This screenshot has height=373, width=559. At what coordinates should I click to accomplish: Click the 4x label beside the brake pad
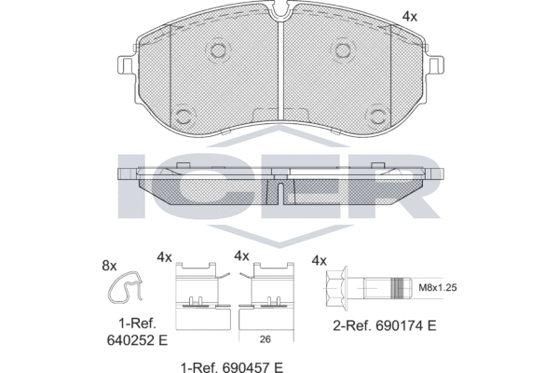click(409, 16)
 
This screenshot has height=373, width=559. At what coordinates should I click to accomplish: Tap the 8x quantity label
click(109, 266)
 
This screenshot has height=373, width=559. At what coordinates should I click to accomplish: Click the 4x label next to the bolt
click(320, 261)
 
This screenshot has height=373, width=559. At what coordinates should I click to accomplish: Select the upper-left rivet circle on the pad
click(218, 50)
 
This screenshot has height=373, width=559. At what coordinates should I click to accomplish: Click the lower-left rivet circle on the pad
click(182, 116)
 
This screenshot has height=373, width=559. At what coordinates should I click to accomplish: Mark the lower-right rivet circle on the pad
click(378, 116)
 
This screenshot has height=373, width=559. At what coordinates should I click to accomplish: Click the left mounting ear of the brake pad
click(125, 62)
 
